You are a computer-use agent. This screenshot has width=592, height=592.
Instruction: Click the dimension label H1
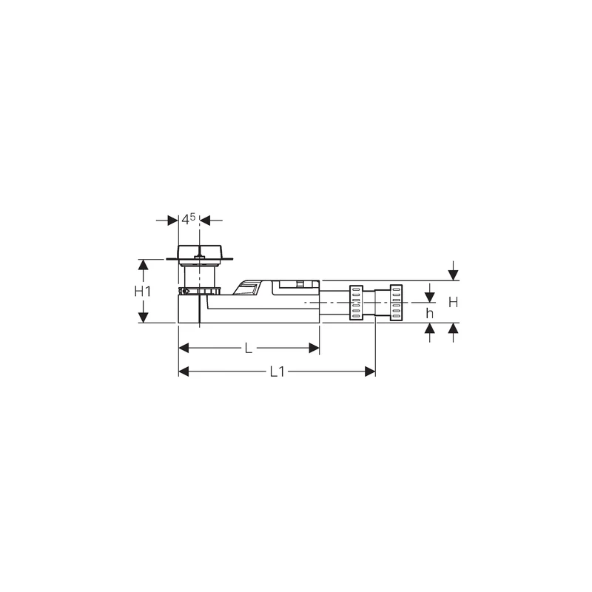[142, 292]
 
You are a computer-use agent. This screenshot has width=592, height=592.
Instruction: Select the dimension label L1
[277, 372]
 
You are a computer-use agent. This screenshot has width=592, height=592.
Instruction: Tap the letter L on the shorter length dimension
[250, 347]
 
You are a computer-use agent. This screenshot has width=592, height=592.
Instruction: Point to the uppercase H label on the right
[454, 302]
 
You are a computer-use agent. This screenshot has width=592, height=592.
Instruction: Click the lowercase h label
[429, 313]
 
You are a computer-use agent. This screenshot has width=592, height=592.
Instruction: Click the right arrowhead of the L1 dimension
[371, 371]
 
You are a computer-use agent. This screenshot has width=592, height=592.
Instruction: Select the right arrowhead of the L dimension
[314, 347]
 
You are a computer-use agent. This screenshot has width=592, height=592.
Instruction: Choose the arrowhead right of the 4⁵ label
[206, 220]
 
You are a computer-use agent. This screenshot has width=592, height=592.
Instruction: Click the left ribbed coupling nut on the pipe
[354, 302]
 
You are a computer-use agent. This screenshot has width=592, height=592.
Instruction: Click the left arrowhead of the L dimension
[184, 347]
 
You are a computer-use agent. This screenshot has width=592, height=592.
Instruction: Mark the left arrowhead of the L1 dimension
[184, 371]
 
